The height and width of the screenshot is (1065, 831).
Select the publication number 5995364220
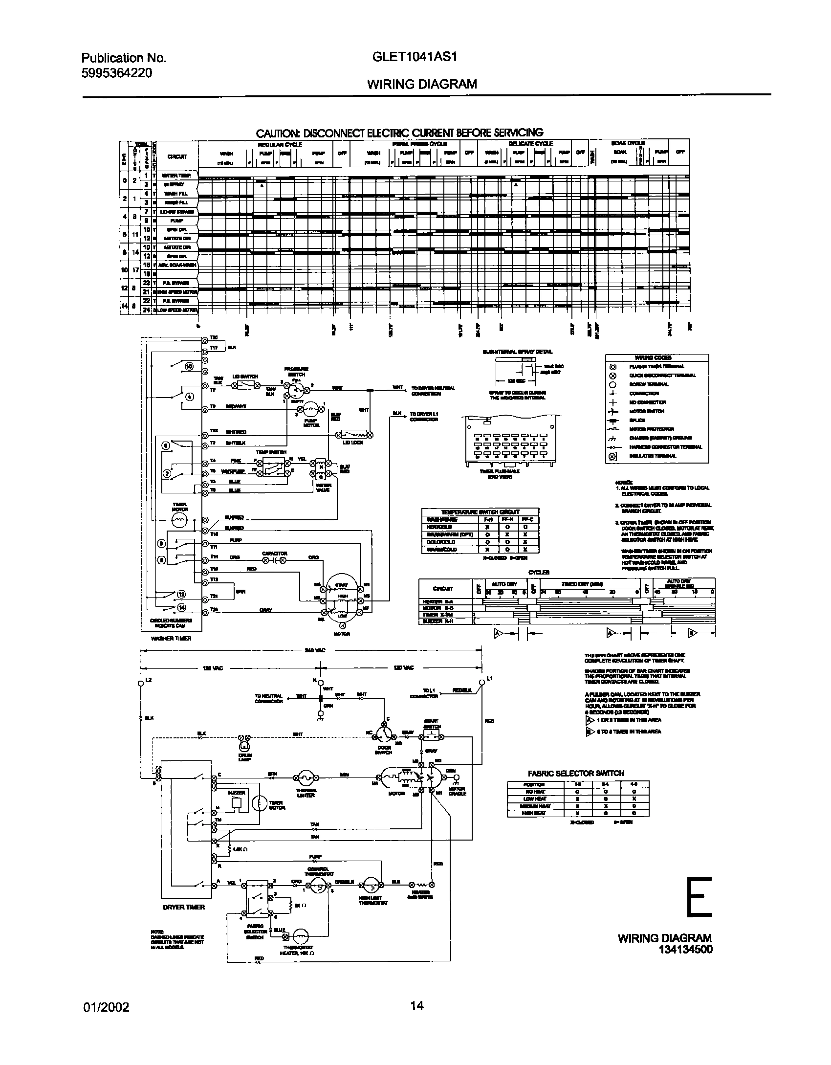[x=116, y=73]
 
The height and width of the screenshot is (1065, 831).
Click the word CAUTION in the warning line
[x=278, y=133]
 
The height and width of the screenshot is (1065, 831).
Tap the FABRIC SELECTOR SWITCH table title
[x=576, y=773]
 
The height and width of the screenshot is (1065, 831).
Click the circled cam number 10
[x=189, y=366]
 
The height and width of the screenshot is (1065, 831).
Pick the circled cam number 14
[x=182, y=608]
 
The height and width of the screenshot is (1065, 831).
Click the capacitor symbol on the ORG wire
[x=274, y=560]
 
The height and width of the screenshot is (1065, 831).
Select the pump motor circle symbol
[x=310, y=409]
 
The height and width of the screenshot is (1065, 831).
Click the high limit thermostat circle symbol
[x=371, y=884]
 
